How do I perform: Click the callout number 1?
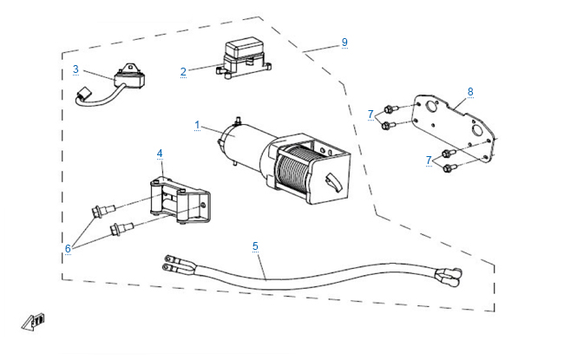coord(197,126)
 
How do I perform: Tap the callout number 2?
coord(183,71)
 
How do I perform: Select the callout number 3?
coord(75,69)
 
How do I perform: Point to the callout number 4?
coord(160,154)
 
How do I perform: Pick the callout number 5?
coord(255,246)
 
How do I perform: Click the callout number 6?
coord(68,248)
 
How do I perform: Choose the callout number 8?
coord(469,91)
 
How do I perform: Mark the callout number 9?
coord(344,42)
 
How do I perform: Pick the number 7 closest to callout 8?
coord(371,114)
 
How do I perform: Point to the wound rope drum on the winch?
coord(296,169)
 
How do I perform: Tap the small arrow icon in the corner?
coord(34,322)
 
